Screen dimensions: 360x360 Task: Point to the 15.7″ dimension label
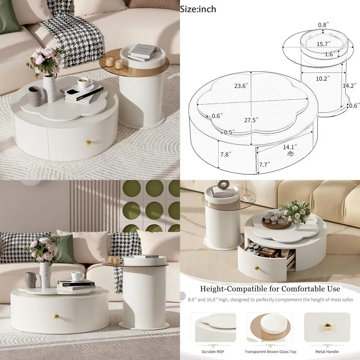pos(324,44)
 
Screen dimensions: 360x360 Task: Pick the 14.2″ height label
pos(350,86)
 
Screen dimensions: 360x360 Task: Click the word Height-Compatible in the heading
pos(230,289)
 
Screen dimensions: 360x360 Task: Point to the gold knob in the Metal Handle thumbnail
pos(328,327)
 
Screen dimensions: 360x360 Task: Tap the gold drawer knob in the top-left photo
pos(89,143)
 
